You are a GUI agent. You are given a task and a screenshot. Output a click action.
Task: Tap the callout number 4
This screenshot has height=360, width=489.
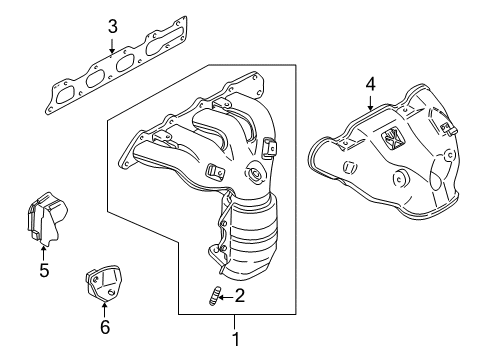(x=371, y=84)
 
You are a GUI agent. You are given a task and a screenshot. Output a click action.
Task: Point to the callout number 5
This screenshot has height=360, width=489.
(x=43, y=269)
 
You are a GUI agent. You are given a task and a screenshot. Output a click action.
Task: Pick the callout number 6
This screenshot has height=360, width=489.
(x=105, y=326)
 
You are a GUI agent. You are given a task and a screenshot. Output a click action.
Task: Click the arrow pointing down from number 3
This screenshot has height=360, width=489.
(x=113, y=44)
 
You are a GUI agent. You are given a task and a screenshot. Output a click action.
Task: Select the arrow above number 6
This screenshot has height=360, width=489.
(x=105, y=306)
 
